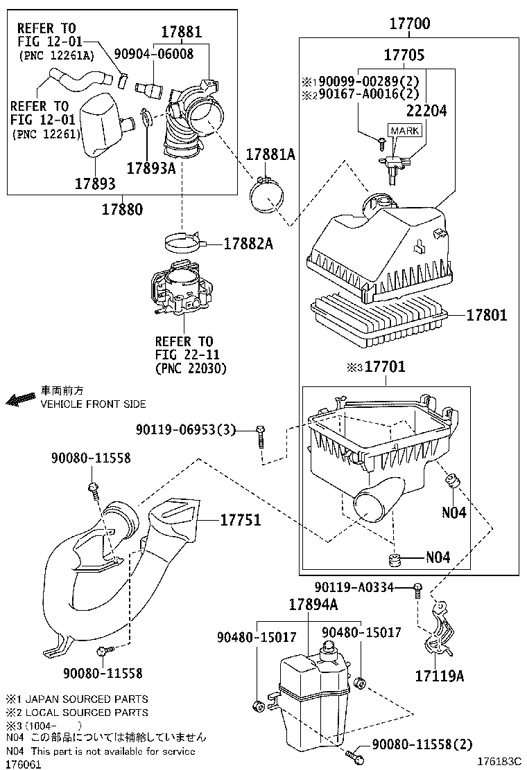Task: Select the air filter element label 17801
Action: (486, 315)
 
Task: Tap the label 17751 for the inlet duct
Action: (241, 519)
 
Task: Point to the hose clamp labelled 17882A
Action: (186, 242)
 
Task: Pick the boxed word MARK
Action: (404, 131)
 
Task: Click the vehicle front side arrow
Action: (21, 400)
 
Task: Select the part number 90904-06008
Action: (153, 53)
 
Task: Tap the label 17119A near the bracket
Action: (440, 675)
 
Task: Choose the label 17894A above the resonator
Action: (313, 605)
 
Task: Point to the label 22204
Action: (426, 109)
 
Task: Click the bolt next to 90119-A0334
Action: (418, 589)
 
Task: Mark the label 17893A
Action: (150, 168)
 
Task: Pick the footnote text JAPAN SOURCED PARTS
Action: (87, 699)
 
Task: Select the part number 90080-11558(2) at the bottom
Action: (422, 744)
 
